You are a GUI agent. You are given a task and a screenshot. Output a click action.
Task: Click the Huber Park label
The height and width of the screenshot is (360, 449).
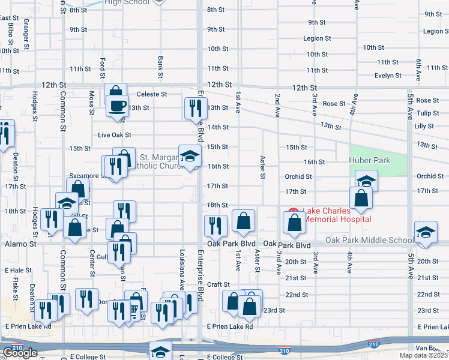point(370,160)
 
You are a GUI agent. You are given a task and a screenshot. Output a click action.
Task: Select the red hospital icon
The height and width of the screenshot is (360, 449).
point(294,212)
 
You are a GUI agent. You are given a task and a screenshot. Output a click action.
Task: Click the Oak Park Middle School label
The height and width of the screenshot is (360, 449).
point(369,241)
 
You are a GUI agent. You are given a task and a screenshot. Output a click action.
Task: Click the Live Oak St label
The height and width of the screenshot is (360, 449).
point(114,136)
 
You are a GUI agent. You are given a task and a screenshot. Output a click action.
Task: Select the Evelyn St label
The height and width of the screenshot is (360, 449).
point(388,76)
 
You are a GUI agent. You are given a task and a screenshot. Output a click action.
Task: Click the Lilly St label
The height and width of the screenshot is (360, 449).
point(424,126)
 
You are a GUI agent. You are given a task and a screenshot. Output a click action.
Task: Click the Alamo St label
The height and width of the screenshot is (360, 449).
point(20,244)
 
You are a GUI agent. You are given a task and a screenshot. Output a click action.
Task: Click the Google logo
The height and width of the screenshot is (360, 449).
point(20,353)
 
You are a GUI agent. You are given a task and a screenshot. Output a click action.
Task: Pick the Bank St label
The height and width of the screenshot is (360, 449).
point(160,68)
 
